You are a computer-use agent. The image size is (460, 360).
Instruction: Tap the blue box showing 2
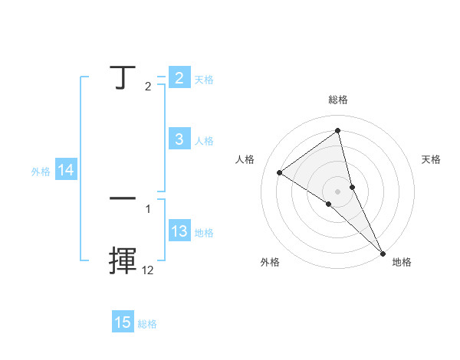[179, 77]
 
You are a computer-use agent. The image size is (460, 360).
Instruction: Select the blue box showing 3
[179, 139]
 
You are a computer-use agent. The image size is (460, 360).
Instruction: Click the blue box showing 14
[66, 171]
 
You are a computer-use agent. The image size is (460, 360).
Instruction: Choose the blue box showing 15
[123, 322]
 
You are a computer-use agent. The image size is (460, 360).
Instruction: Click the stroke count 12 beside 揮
[147, 270]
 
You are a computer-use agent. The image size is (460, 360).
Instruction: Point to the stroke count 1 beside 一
[148, 208]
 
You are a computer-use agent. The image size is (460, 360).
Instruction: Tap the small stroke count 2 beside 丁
[148, 87]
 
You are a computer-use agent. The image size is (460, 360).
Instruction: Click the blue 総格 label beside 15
[147, 324]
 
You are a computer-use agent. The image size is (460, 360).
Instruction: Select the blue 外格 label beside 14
[41, 172]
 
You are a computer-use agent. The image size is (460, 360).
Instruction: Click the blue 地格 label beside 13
[204, 233]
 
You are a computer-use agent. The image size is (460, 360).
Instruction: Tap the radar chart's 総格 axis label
[337, 100]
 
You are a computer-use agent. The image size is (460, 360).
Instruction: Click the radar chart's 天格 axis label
[431, 159]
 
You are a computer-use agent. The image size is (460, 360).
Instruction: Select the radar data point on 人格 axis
[279, 172]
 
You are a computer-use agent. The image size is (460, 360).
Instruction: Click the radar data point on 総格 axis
[337, 131]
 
